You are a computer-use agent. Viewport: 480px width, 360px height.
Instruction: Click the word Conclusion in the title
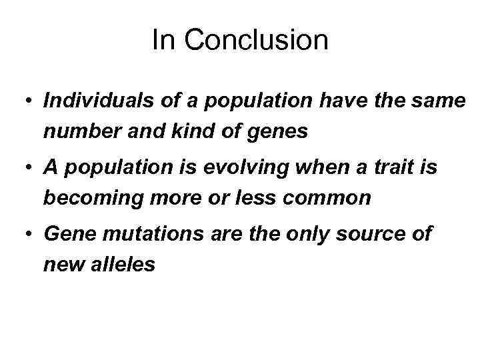257,40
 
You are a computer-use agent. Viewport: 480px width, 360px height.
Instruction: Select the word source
375,235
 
